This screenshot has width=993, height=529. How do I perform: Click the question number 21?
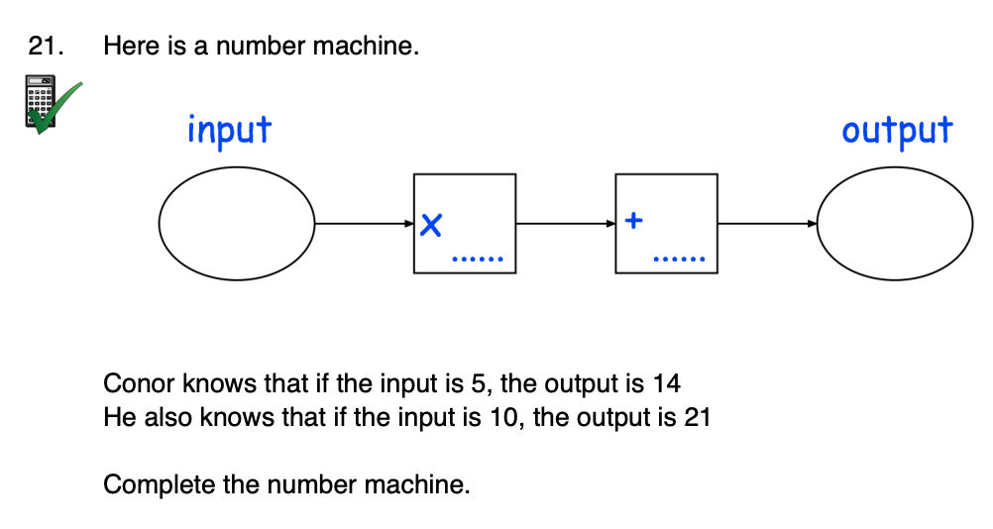pos(46,47)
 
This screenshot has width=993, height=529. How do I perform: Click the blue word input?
pos(229,131)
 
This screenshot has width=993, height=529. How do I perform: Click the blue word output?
pos(896,131)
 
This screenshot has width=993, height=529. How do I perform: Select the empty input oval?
pos(237,224)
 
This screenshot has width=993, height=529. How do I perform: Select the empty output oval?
pos(894,224)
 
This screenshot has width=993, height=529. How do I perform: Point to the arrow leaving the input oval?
pos(364,224)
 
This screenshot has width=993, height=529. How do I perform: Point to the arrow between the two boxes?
pos(566,224)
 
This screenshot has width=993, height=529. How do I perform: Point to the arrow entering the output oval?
pos(767,224)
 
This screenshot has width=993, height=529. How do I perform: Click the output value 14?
pos(667,383)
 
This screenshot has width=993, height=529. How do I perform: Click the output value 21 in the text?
pos(697,417)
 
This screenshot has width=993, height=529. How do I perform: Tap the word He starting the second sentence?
pos(119,417)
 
